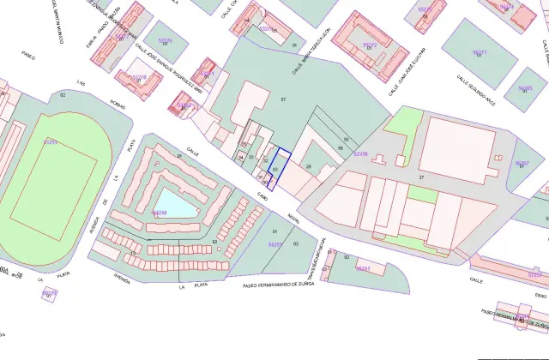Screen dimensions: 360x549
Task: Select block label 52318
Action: [360, 154]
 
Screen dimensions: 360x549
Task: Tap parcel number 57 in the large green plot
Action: [283, 101]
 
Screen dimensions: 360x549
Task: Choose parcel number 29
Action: [309, 166]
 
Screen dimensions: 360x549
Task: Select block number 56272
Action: [370, 44]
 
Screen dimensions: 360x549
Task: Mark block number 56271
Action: [480, 52]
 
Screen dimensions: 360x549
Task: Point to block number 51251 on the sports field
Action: [51, 141]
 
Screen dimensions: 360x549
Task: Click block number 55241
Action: [363, 268]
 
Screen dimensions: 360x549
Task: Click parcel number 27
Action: [421, 177]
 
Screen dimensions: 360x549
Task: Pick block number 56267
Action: [522, 162]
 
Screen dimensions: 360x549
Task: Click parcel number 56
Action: [341, 148]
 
